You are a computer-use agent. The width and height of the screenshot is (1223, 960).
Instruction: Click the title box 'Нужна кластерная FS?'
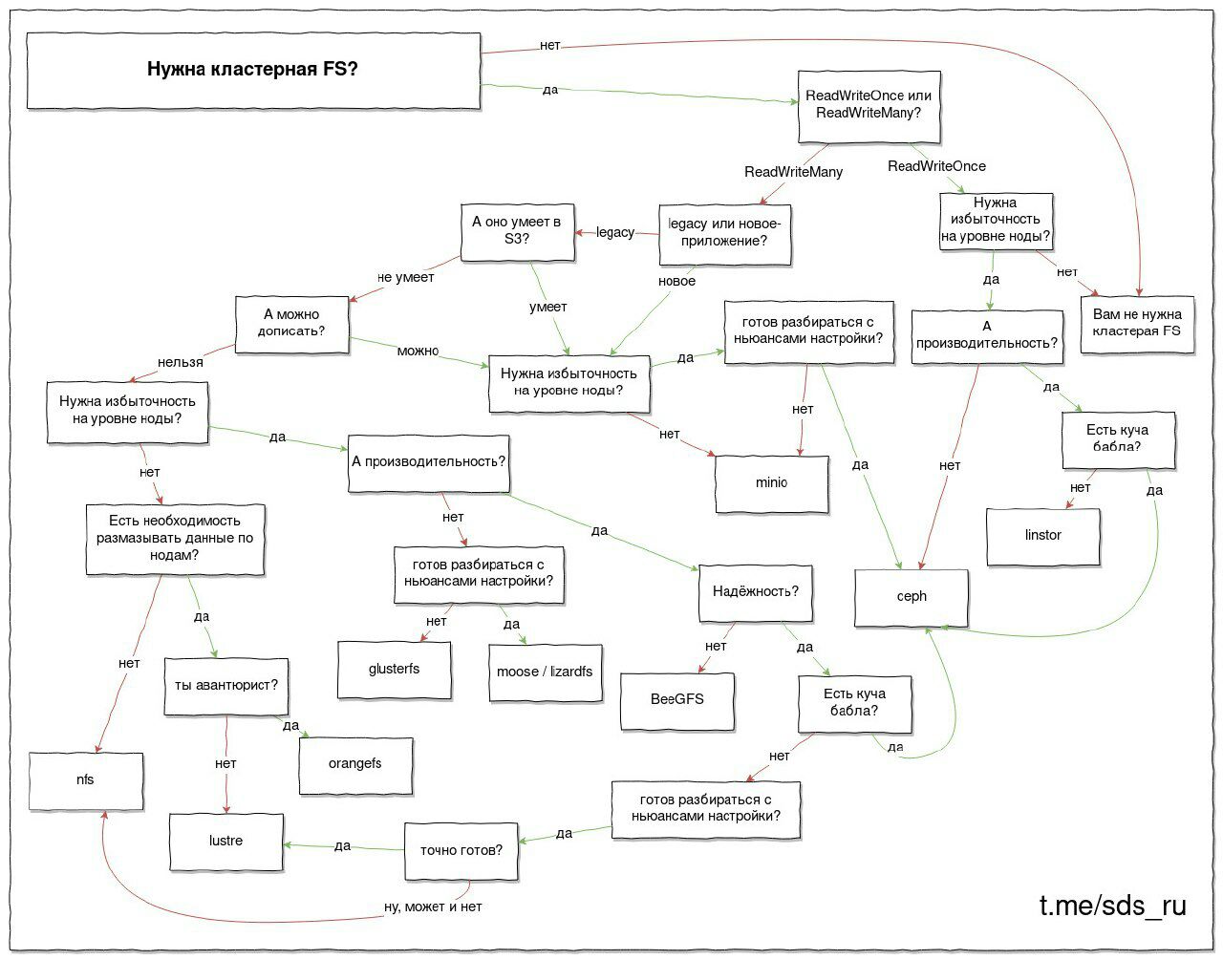click(253, 71)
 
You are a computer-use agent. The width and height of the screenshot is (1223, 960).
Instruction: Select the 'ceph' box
click(912, 598)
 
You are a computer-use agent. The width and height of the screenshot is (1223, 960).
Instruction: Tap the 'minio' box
click(772, 483)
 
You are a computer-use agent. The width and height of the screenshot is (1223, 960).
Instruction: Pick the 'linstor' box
click(1043, 537)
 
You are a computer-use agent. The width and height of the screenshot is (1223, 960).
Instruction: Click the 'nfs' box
click(86, 781)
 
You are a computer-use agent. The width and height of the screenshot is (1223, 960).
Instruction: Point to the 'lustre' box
click(226, 842)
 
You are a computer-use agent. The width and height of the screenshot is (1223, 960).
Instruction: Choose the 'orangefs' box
click(355, 765)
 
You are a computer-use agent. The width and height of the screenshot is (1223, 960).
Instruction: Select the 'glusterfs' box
click(394, 671)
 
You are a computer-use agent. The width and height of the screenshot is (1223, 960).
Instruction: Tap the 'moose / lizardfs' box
click(546, 672)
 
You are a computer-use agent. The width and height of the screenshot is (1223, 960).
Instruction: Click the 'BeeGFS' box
click(677, 701)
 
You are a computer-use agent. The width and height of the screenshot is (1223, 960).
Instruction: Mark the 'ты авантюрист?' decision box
click(226, 687)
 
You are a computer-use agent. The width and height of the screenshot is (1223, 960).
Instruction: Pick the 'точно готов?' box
click(461, 851)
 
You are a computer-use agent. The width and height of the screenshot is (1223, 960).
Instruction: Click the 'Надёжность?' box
click(756, 593)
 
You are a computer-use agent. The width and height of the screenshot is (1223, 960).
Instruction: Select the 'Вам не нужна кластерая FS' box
click(1137, 325)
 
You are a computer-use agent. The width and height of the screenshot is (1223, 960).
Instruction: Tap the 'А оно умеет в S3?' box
click(517, 232)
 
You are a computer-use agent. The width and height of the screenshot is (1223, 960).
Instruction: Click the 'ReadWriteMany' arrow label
click(793, 172)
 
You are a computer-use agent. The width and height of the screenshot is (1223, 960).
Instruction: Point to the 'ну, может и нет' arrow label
click(433, 907)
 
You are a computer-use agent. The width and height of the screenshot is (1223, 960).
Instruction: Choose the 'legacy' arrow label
click(615, 232)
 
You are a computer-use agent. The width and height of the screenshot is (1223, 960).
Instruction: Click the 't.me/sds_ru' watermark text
click(1113, 906)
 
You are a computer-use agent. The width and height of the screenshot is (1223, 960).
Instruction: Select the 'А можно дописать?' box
click(291, 325)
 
